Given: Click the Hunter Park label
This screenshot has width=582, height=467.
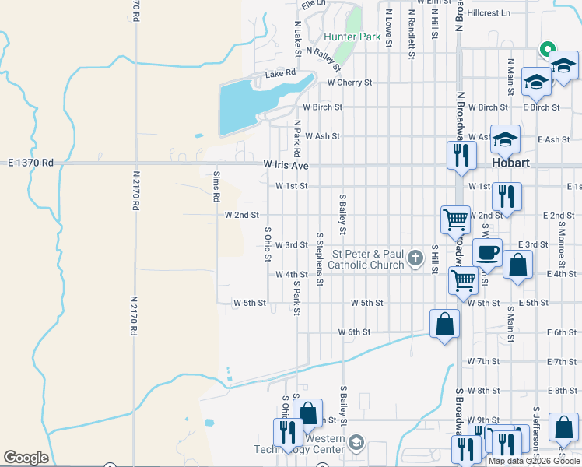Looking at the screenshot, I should [352, 37].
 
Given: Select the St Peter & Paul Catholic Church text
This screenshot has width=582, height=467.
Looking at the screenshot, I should [367, 259].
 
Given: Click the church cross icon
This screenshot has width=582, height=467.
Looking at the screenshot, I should [415, 258].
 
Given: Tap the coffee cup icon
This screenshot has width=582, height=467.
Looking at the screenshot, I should [487, 252].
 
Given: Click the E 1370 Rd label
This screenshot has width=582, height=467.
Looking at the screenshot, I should [30, 163].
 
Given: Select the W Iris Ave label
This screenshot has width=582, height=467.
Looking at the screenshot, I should [286, 165].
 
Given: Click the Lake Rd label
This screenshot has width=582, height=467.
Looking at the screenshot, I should [280, 74].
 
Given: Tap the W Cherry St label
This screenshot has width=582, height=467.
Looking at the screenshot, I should [349, 82].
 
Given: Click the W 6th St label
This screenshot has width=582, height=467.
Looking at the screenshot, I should [354, 332].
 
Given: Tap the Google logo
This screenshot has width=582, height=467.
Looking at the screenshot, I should [26, 458].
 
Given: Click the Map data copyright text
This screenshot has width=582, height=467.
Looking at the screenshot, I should [534, 461].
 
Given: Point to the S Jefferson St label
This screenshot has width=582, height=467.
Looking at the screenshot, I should [536, 428].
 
